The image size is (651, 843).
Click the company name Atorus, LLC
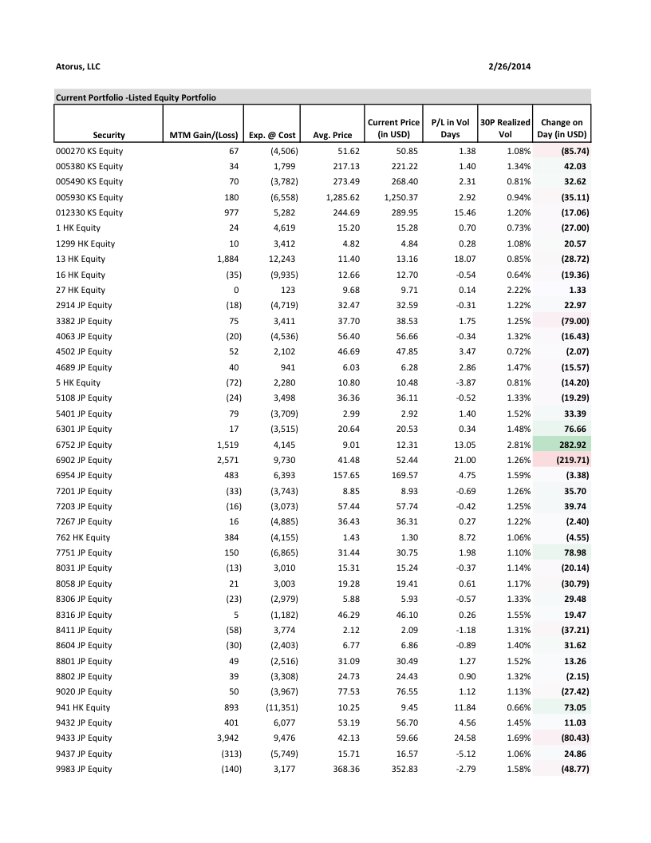(x=78, y=66)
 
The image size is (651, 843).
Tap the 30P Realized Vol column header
(x=504, y=128)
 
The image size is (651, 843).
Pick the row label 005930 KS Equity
(x=89, y=197)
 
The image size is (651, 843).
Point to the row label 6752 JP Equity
(x=85, y=445)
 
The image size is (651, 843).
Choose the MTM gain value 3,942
(x=228, y=738)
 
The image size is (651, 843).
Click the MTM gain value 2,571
(x=228, y=460)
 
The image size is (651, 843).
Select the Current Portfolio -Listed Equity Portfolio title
(x=136, y=97)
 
